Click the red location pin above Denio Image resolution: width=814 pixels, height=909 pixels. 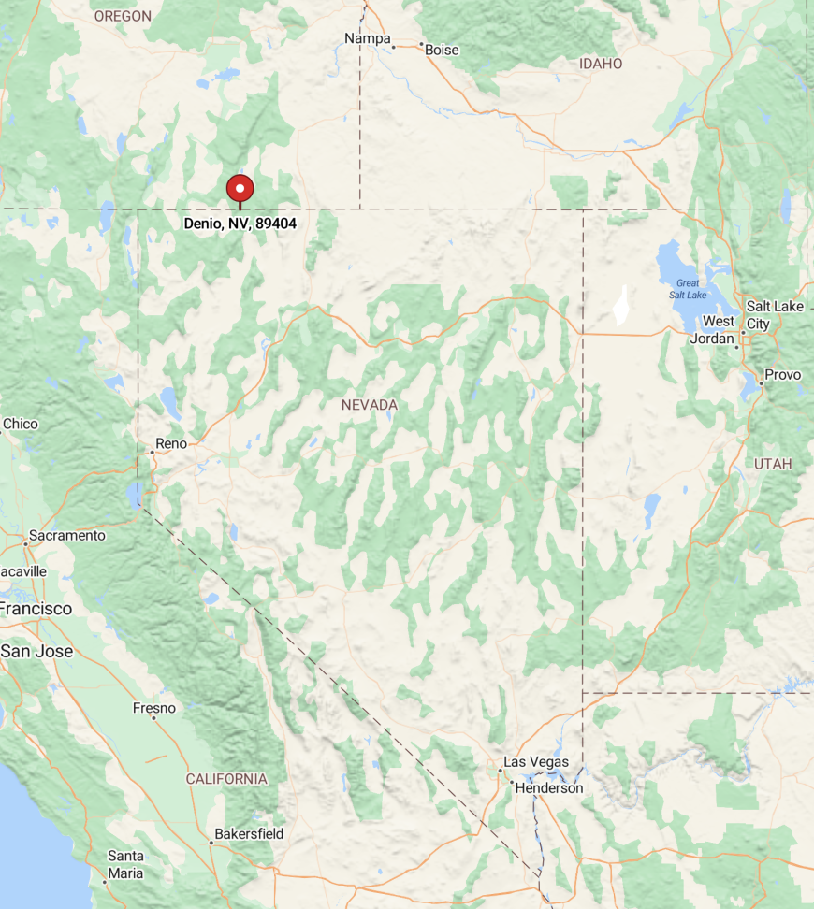pos(240,188)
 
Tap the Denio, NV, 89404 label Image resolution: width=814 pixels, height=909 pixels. pos(240,224)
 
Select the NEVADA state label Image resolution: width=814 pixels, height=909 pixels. pos(369,405)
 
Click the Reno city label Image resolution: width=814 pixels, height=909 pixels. pos(171,442)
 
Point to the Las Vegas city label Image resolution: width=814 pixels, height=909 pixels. pos(536,762)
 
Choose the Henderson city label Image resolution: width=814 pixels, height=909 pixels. pos(548,788)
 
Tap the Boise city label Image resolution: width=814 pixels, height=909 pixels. pos(442,50)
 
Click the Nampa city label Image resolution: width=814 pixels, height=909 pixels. pos(367,38)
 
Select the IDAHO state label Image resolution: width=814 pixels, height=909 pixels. pos(601,64)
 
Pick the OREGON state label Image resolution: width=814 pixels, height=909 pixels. pos(123,16)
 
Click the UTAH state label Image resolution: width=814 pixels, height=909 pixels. pos(773,464)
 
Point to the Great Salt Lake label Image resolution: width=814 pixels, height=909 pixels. pos(688,289)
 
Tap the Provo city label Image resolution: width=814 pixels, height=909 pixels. pos(782,375)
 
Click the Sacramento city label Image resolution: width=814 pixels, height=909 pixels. pos(66,536)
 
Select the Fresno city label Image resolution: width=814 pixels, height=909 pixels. pos(154,708)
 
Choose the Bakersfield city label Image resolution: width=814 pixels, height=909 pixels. pos(249,833)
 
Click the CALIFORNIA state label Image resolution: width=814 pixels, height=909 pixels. pos(226,779)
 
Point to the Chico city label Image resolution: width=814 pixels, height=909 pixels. pos(21,424)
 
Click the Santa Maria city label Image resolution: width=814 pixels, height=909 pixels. pos(125,865)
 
